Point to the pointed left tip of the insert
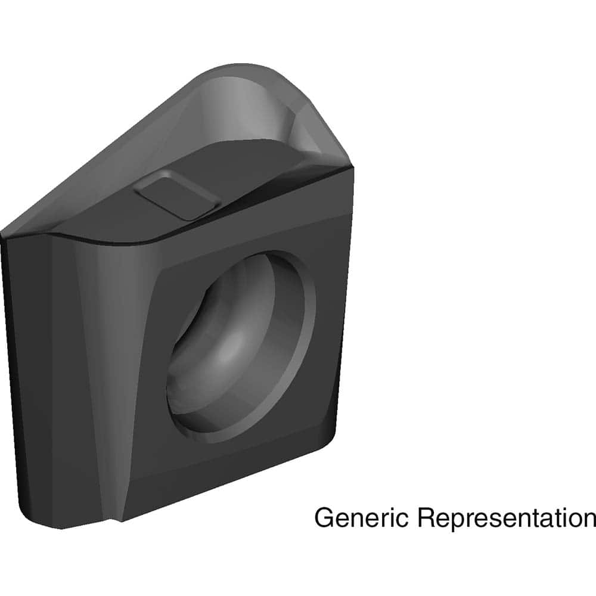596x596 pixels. [x=5, y=234]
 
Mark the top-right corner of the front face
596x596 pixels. [x=353, y=170]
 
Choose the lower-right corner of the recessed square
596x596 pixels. [x=322, y=417]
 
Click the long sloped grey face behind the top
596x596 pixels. [x=119, y=173]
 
